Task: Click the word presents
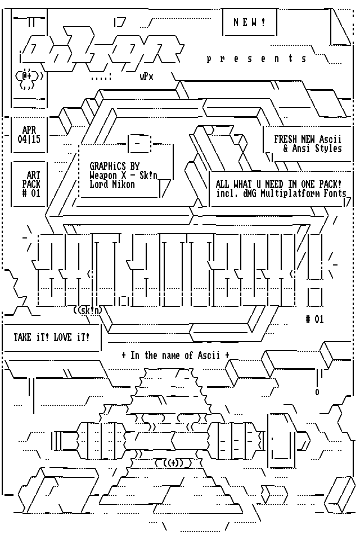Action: click(257, 58)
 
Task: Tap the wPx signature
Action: click(146, 77)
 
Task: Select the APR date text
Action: click(29, 130)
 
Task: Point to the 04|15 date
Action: click(29, 139)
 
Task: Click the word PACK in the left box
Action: click(31, 184)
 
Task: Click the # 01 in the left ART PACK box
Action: click(31, 193)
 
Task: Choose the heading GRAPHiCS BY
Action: click(115, 166)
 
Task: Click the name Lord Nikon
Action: click(112, 184)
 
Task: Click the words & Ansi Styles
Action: click(312, 148)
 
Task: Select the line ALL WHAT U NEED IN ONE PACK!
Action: click(279, 184)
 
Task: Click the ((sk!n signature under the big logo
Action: click(88, 310)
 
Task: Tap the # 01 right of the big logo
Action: click(315, 319)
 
